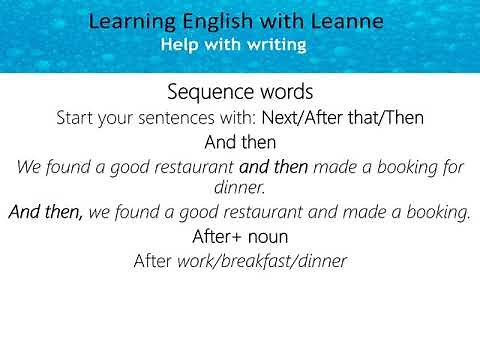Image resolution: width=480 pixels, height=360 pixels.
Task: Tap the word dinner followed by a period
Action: click(x=239, y=187)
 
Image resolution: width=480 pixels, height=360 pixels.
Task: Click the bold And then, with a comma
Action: click(x=46, y=212)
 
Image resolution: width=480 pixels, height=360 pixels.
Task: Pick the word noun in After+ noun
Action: click(x=268, y=237)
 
